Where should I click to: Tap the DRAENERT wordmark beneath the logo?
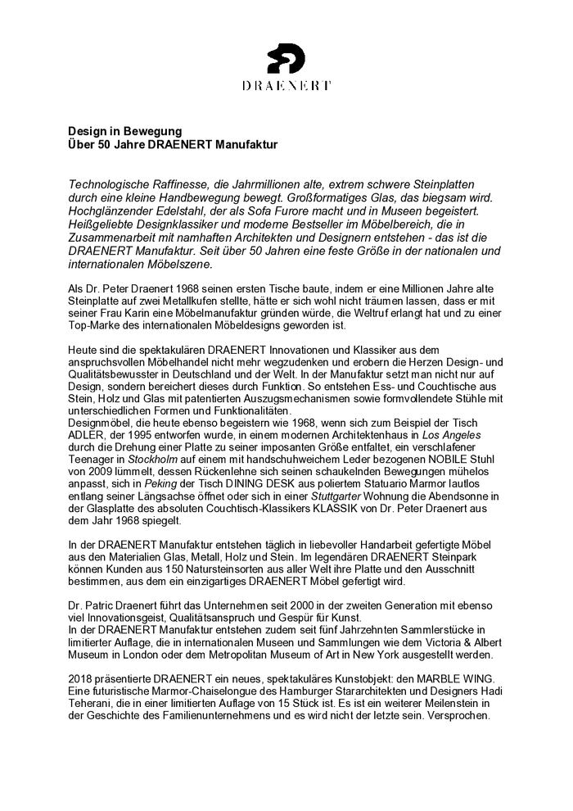point(286,84)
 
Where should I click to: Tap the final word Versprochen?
point(454,714)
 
